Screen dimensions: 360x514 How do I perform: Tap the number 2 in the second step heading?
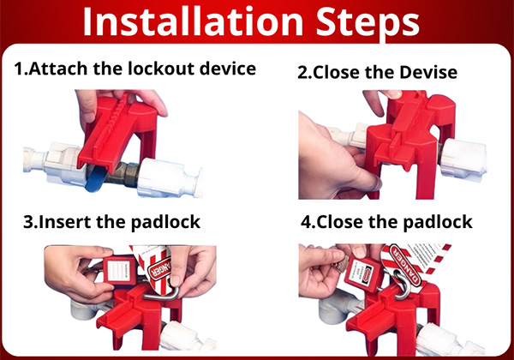point(303,73)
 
